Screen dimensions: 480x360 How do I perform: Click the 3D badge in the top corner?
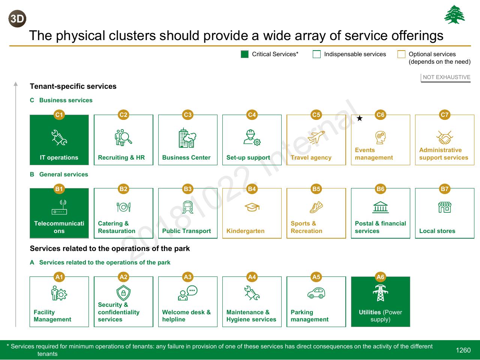pos(17,19)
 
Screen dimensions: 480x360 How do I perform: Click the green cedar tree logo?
pos(454,14)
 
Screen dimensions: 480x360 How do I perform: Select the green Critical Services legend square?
pos(244,54)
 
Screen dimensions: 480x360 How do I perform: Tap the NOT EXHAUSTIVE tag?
pos(446,77)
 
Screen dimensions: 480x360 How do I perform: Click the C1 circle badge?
pos(59,115)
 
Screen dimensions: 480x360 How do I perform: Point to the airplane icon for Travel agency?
pos(316,137)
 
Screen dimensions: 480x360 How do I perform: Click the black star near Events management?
pos(360,118)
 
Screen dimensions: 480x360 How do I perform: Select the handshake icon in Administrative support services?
pos(445,137)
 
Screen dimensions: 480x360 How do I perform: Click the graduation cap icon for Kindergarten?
pos(252,207)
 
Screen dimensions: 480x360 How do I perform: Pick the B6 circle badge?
pos(381,189)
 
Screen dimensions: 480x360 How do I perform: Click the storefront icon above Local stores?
pos(445,207)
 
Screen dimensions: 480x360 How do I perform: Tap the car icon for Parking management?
pos(316,293)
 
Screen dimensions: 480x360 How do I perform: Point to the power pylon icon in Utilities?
pos(381,293)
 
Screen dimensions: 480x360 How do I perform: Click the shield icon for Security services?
pos(123,293)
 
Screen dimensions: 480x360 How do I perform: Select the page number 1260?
pos(463,350)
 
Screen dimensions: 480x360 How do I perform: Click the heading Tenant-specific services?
pos(73,86)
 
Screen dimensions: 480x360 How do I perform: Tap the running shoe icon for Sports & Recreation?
pos(316,207)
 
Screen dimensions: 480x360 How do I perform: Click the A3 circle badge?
pos(187,277)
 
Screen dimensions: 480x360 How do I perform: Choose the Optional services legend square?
pos(401,54)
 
